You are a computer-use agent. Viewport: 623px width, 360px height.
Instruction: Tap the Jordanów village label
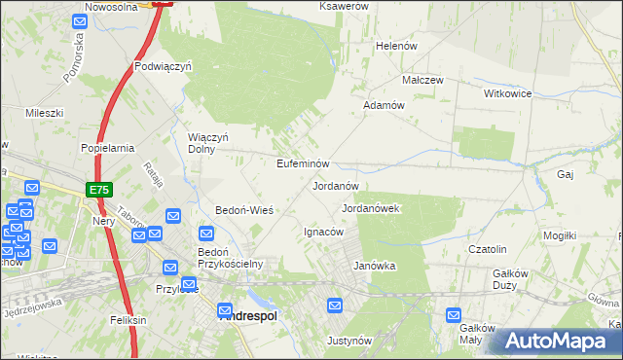click(x=336, y=185)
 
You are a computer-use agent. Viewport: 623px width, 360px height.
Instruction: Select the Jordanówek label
click(x=372, y=208)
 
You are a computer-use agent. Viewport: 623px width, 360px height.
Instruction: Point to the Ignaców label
click(x=324, y=232)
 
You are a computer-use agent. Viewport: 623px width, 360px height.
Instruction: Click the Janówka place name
click(x=375, y=265)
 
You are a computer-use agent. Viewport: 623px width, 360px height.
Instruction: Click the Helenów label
click(x=396, y=46)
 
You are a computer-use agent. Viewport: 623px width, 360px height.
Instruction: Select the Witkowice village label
click(x=507, y=93)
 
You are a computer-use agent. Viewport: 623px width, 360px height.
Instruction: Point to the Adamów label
click(x=384, y=104)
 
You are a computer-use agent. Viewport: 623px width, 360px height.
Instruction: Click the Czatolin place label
click(x=489, y=249)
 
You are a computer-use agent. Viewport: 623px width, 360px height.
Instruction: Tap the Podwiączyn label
click(x=164, y=67)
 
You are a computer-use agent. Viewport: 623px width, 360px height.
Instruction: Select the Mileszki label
click(x=45, y=113)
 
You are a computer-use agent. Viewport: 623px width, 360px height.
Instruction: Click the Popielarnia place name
click(x=107, y=148)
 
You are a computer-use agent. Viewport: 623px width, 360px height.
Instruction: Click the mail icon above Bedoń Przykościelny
click(x=206, y=233)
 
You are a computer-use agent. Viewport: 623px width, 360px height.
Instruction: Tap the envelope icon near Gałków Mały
click(x=454, y=314)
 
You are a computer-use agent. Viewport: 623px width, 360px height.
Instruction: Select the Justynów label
click(x=350, y=341)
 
